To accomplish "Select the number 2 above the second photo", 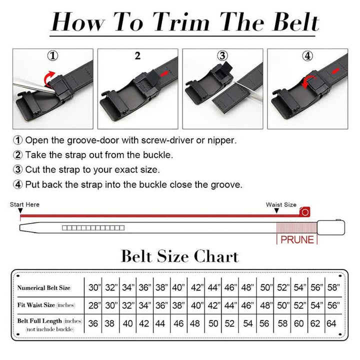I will tap(137, 56).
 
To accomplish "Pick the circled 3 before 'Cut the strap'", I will tap(18, 169).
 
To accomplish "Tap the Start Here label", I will tap(24, 204).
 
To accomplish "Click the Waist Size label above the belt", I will tap(281, 204).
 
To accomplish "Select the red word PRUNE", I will tap(297, 239).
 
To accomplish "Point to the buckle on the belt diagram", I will tap(331, 227).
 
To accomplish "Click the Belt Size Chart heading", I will tap(180, 256).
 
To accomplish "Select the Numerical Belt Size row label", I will tap(44, 287).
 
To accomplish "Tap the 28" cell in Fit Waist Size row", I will tap(93, 305).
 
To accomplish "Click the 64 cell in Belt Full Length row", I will tap(331, 323).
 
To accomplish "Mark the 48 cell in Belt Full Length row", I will tap(195, 323).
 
